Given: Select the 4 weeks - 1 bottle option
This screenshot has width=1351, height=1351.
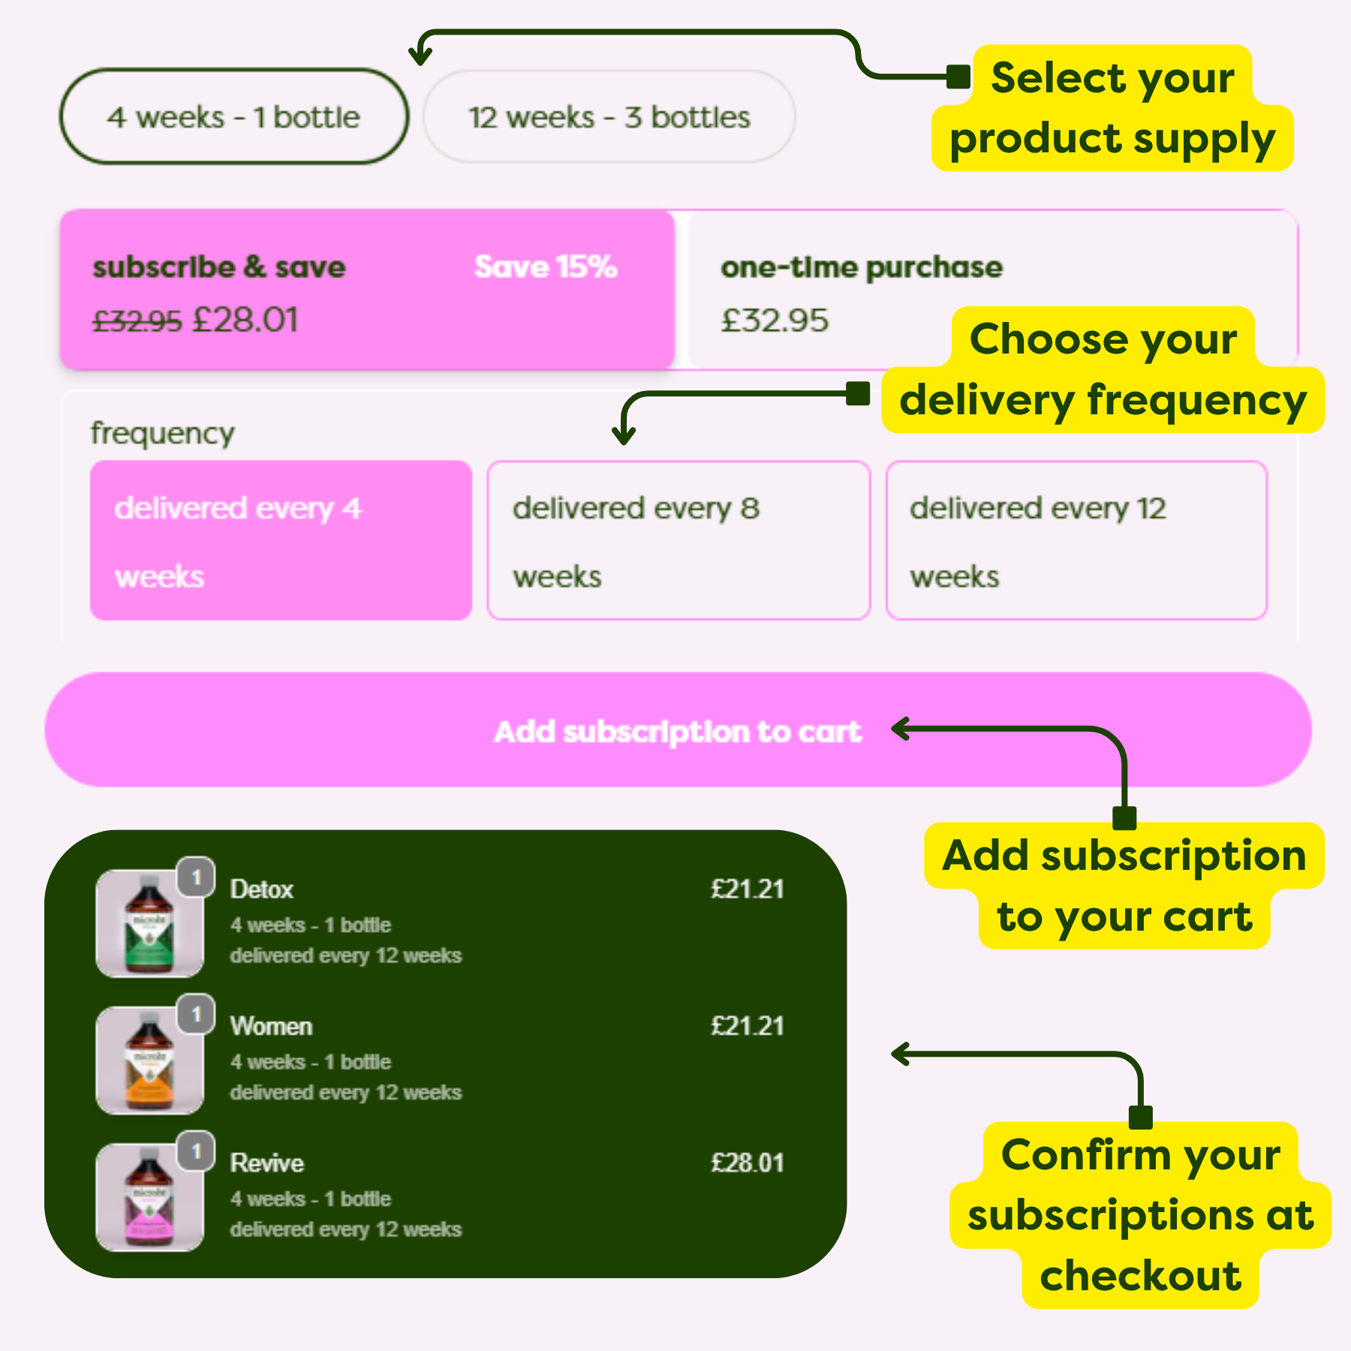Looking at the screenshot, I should click(233, 117).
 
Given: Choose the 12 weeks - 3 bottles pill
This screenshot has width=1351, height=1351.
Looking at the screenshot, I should click(609, 117).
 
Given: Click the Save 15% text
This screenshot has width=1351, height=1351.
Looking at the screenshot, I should click(546, 266).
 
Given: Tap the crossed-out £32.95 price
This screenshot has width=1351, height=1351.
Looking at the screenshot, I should click(137, 321).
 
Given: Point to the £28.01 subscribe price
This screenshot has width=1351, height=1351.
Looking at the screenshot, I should click(245, 320).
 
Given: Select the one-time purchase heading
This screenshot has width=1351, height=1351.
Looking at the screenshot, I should click(861, 267).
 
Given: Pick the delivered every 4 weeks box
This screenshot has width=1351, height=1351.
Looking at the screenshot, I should click(281, 540).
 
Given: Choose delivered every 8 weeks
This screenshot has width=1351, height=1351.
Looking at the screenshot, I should click(679, 540).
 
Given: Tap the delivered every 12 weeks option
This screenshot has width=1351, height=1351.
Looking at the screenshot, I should click(1076, 540).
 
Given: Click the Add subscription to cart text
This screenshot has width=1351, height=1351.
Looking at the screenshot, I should click(677, 731).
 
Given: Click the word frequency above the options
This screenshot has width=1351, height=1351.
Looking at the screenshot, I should click(162, 433).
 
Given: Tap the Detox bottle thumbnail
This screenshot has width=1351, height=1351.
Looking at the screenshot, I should click(149, 923).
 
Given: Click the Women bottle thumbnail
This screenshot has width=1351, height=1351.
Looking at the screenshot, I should click(149, 1060).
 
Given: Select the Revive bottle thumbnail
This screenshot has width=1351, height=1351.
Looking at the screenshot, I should click(149, 1197).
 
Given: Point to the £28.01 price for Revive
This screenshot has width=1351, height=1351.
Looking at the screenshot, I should click(747, 1163).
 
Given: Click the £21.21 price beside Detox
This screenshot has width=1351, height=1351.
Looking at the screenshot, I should click(747, 889).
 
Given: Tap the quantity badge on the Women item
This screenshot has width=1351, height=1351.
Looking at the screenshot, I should click(197, 1014).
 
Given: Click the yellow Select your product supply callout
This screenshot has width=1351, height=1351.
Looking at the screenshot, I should click(1112, 109).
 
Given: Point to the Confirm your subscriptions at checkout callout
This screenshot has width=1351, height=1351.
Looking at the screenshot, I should click(1140, 1214).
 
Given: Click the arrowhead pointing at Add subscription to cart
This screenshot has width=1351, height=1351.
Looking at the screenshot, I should click(901, 729).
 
